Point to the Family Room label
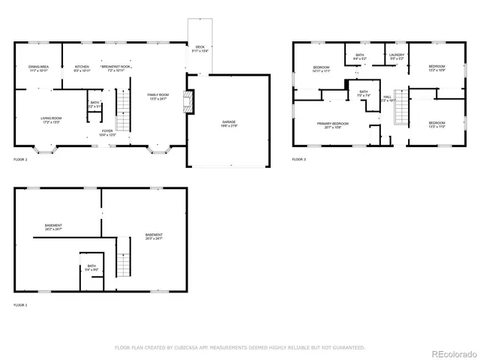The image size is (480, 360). pyautogui.click(x=158, y=95)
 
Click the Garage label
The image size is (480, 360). pyautogui.click(x=229, y=123)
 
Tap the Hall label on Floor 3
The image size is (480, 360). pyautogui.click(x=388, y=98)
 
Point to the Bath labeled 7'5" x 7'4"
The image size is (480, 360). pyautogui.click(x=363, y=94)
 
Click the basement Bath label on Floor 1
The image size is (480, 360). pyautogui.click(x=91, y=267)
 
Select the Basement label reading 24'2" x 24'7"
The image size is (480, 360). pyautogui.click(x=53, y=227)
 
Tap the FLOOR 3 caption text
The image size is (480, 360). pyautogui.click(x=299, y=160)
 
